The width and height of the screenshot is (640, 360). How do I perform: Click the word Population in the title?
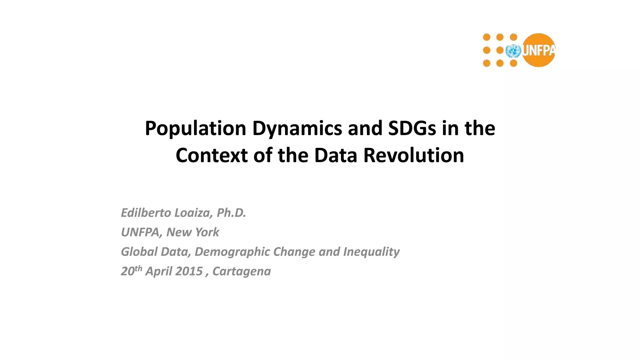tap(196, 128)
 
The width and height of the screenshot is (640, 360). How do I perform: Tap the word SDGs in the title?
tap(412, 128)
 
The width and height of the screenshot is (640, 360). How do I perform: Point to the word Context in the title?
tap(212, 155)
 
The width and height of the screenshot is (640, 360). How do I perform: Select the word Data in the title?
tap(336, 155)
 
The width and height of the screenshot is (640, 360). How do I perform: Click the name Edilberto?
tap(146, 213)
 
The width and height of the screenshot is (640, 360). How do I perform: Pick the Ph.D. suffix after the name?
tap(231, 213)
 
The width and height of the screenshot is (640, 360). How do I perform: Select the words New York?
tap(192, 232)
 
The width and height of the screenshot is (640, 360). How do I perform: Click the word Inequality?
tap(371, 252)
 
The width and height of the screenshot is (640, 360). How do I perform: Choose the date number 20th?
tap(131, 271)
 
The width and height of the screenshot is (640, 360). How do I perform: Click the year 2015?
tap(189, 271)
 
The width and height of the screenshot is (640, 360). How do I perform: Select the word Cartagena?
tap(242, 271)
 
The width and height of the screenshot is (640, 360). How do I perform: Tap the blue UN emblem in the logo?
tap(513, 51)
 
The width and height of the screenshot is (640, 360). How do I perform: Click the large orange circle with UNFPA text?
tap(539, 50)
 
